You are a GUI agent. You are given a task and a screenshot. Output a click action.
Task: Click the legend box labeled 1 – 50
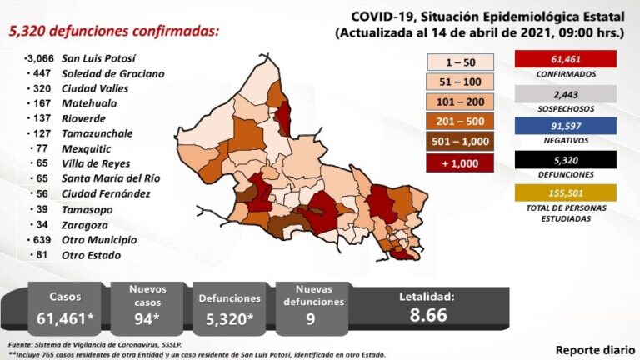point(461,62)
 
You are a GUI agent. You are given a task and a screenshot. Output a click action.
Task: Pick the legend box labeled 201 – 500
point(461,121)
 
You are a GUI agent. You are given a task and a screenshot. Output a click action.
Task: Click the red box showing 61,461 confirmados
point(566,59)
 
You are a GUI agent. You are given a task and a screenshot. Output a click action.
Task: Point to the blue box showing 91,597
point(566,126)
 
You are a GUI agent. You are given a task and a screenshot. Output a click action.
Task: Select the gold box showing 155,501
point(566,192)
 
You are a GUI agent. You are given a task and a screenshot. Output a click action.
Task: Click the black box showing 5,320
point(566,158)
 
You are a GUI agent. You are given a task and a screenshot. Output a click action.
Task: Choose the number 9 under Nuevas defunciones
point(311,318)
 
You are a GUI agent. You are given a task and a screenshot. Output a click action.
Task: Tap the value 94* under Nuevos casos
point(147,318)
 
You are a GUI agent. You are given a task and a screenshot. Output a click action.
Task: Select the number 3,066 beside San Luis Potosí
point(39,59)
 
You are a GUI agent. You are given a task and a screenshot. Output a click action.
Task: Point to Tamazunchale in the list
point(96,133)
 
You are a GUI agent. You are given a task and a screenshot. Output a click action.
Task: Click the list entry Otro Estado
point(91,255)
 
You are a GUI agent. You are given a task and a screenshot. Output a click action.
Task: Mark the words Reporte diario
point(592,348)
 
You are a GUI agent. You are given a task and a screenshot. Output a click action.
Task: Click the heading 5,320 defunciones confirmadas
point(114,31)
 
